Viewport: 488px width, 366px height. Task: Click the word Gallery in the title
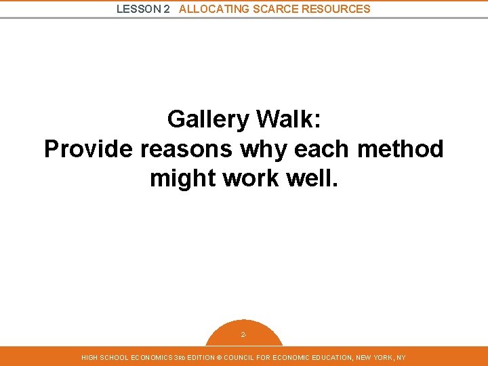(209, 119)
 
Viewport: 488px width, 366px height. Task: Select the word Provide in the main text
(88, 149)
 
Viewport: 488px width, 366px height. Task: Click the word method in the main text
(401, 149)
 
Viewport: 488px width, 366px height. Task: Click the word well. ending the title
(312, 179)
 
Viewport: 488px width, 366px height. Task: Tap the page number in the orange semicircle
(243, 335)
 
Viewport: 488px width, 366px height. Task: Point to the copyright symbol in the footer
(218, 357)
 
